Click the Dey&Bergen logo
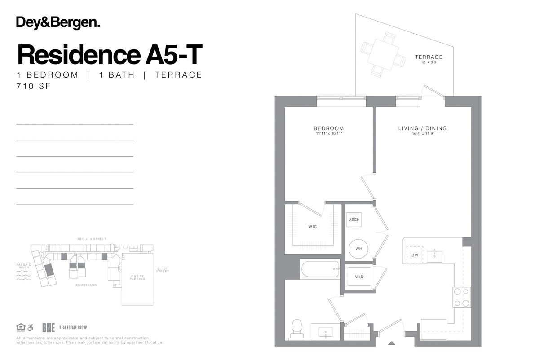click(58, 23)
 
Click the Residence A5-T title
click(110, 55)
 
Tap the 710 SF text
click(34, 86)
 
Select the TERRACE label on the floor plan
click(429, 57)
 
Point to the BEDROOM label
click(328, 128)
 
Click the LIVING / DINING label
click(422, 128)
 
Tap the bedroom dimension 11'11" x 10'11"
click(328, 134)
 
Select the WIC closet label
click(313, 227)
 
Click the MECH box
click(354, 220)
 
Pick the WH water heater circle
click(358, 249)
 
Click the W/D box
click(359, 277)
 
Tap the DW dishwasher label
click(415, 255)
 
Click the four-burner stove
click(461, 297)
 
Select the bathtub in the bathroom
click(320, 269)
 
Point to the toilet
click(297, 328)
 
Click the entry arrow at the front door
click(391, 343)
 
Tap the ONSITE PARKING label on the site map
click(137, 277)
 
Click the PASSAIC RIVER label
click(24, 266)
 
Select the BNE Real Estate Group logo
click(64, 328)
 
